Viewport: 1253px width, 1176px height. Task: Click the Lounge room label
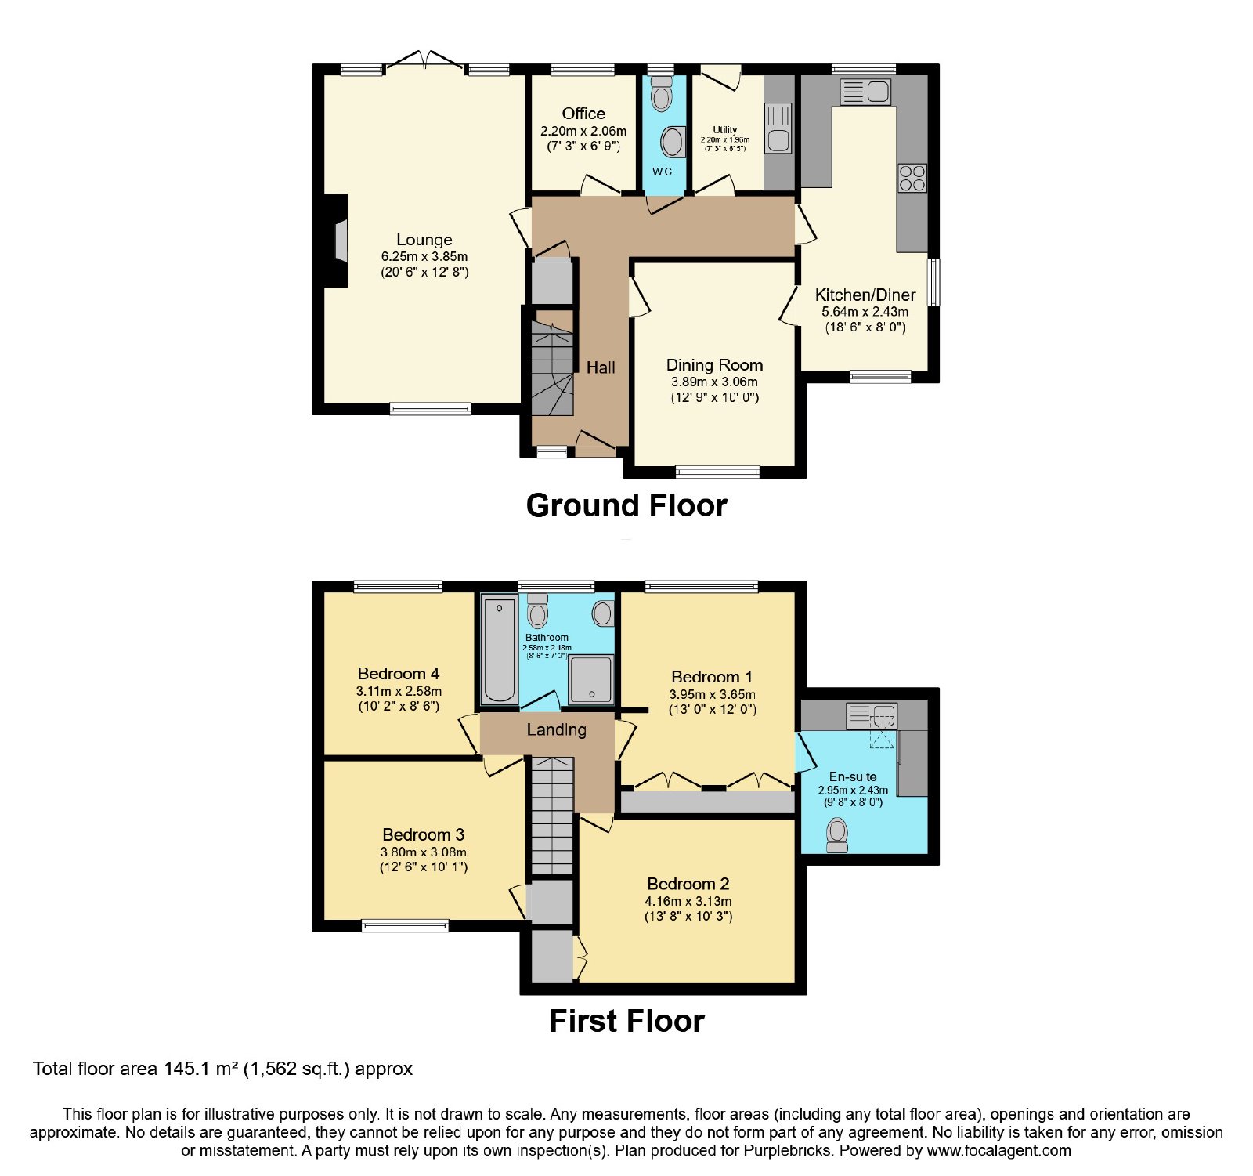(424, 240)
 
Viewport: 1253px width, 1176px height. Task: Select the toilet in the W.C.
(662, 93)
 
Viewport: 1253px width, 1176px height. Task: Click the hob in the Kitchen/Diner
(912, 178)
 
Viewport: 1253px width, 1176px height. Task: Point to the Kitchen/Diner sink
(865, 92)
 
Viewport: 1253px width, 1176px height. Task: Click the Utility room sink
(778, 128)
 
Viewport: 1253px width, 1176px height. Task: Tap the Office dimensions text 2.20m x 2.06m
(583, 131)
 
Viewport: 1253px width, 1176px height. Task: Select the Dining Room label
(714, 365)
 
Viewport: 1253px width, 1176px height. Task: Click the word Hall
(601, 367)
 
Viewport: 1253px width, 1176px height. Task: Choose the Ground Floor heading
(626, 505)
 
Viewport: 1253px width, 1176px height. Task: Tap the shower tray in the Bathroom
(591, 679)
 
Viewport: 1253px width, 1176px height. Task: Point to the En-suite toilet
(837, 835)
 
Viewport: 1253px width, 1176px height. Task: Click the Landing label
(556, 730)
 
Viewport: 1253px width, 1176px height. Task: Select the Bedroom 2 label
(688, 884)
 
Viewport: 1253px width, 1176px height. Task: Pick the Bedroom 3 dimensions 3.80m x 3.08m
(424, 852)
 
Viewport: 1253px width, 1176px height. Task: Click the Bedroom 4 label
(399, 674)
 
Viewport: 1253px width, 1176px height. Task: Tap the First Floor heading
(626, 1021)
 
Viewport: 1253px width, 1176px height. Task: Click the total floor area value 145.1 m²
(200, 1069)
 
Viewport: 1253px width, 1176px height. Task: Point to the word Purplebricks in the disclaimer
(787, 1151)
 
